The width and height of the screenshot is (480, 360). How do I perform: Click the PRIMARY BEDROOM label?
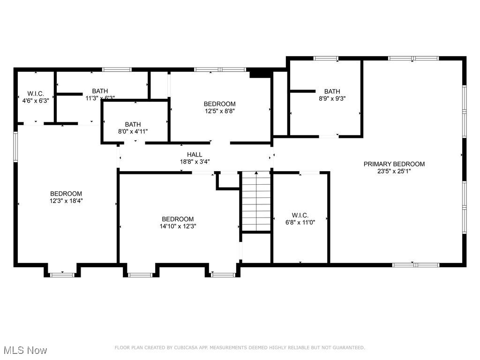(x=394, y=164)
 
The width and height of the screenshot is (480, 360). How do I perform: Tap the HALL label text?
(x=195, y=154)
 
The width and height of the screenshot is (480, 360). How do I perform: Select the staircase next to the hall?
(x=256, y=202)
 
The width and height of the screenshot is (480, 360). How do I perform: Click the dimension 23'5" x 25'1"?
(x=394, y=171)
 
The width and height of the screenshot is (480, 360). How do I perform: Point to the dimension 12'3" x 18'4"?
(x=66, y=201)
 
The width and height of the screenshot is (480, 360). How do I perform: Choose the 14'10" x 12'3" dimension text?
(x=178, y=226)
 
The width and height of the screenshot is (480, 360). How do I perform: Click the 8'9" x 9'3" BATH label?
(x=332, y=91)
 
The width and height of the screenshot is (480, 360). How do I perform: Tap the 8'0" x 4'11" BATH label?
(x=133, y=124)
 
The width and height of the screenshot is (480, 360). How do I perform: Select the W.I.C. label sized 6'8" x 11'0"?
(x=300, y=216)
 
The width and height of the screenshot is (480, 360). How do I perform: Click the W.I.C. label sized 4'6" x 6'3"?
(x=36, y=93)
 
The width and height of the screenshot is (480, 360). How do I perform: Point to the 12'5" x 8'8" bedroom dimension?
(x=219, y=111)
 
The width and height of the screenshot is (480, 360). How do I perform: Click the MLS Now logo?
(x=25, y=350)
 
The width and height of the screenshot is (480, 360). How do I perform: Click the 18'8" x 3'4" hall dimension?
(x=195, y=161)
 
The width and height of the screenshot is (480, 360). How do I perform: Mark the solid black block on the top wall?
(x=261, y=74)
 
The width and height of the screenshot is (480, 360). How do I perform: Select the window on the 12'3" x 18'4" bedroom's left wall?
(x=15, y=147)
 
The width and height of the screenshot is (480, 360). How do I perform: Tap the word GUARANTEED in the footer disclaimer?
(x=349, y=348)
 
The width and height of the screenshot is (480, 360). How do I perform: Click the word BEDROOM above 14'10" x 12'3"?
(x=178, y=219)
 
